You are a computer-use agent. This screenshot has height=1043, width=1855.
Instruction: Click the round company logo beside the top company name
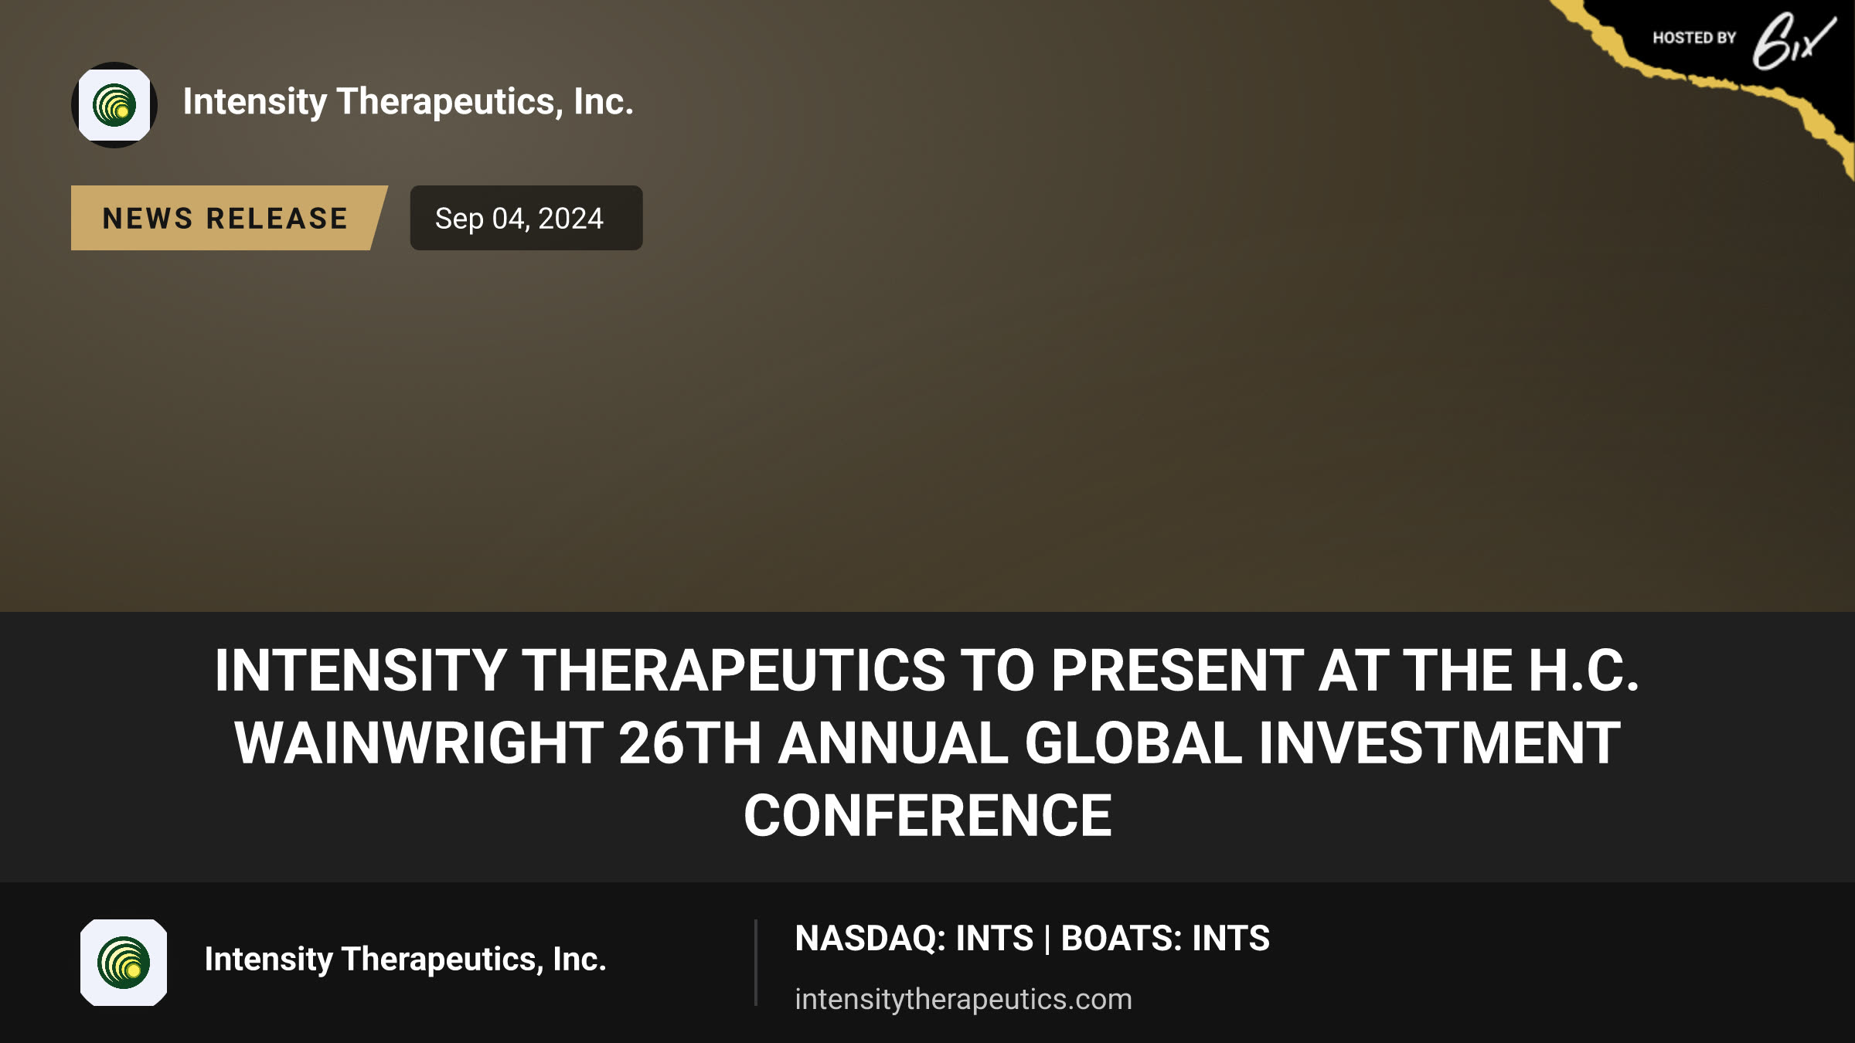click(x=114, y=105)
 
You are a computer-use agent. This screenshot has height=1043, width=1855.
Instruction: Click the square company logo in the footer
click(x=124, y=963)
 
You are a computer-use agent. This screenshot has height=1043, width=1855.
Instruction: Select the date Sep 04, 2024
click(x=519, y=219)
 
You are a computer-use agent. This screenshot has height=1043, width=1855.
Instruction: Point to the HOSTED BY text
click(x=1694, y=38)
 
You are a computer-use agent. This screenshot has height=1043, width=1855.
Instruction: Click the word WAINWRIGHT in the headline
click(x=419, y=743)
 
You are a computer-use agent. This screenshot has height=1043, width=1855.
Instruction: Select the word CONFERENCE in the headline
click(x=927, y=816)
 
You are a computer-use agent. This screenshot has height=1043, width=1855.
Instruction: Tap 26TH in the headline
click(x=690, y=743)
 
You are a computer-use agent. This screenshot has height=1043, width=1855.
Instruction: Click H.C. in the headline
click(x=1584, y=670)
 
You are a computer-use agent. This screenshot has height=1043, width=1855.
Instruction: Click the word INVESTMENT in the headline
click(x=1439, y=743)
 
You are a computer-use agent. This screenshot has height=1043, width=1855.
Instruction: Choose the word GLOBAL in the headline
click(x=1133, y=743)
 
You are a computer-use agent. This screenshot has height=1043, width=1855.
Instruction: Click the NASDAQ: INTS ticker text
click(x=914, y=939)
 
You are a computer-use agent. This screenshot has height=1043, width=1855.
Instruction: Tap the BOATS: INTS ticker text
click(x=1166, y=939)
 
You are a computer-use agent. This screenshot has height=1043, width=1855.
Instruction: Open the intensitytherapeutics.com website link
click(x=964, y=999)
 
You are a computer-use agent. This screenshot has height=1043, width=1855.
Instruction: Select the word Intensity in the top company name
click(x=255, y=102)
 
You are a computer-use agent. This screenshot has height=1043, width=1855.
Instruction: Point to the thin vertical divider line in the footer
click(x=756, y=963)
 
